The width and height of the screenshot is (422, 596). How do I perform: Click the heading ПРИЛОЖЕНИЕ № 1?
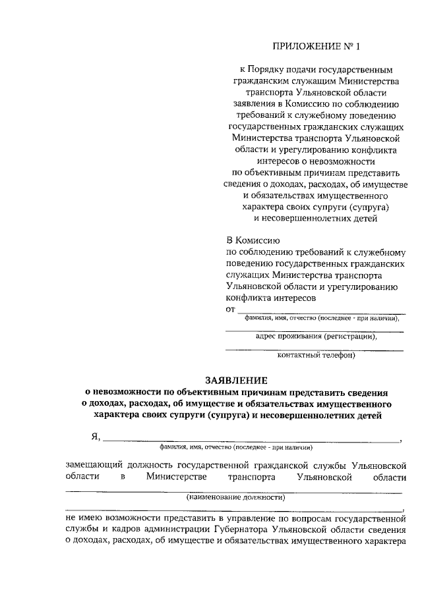click(318, 46)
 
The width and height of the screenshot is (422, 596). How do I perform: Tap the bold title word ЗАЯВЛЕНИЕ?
click(236, 381)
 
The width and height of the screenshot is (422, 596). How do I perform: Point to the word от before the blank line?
click(230, 308)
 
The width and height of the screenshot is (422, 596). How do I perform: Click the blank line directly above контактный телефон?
click(315, 349)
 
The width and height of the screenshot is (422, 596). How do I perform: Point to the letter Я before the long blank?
click(95, 436)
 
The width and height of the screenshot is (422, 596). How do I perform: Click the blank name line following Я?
click(251, 440)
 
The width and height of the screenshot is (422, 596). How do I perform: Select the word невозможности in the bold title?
click(130, 393)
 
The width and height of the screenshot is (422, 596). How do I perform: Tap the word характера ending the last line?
click(378, 541)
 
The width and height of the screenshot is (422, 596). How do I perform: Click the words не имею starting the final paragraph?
click(82, 517)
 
